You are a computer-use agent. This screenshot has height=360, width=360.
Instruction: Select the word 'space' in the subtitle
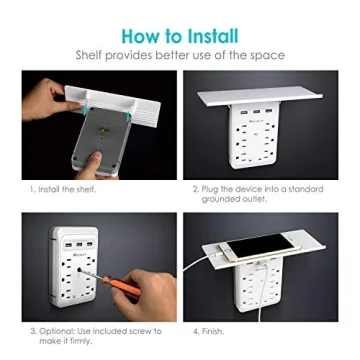click(x=267, y=56)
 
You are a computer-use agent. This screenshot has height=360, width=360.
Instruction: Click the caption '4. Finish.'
click(x=210, y=331)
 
